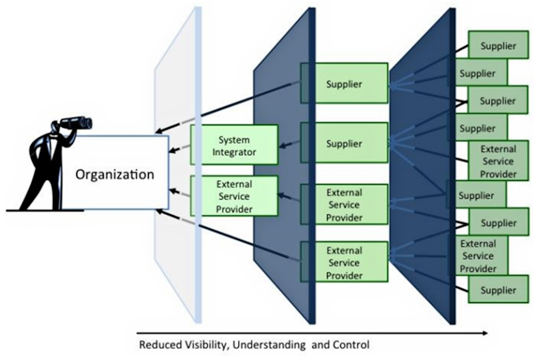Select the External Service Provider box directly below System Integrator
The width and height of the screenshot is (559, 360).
pos(234,195)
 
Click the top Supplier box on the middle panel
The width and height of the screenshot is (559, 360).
pos(344,83)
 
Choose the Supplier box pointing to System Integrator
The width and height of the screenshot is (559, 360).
pos(344,143)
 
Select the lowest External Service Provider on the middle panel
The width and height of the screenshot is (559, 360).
pos(344,261)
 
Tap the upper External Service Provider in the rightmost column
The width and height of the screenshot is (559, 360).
pos(497,161)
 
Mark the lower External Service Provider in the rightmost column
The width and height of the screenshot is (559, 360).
pos(477,256)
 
